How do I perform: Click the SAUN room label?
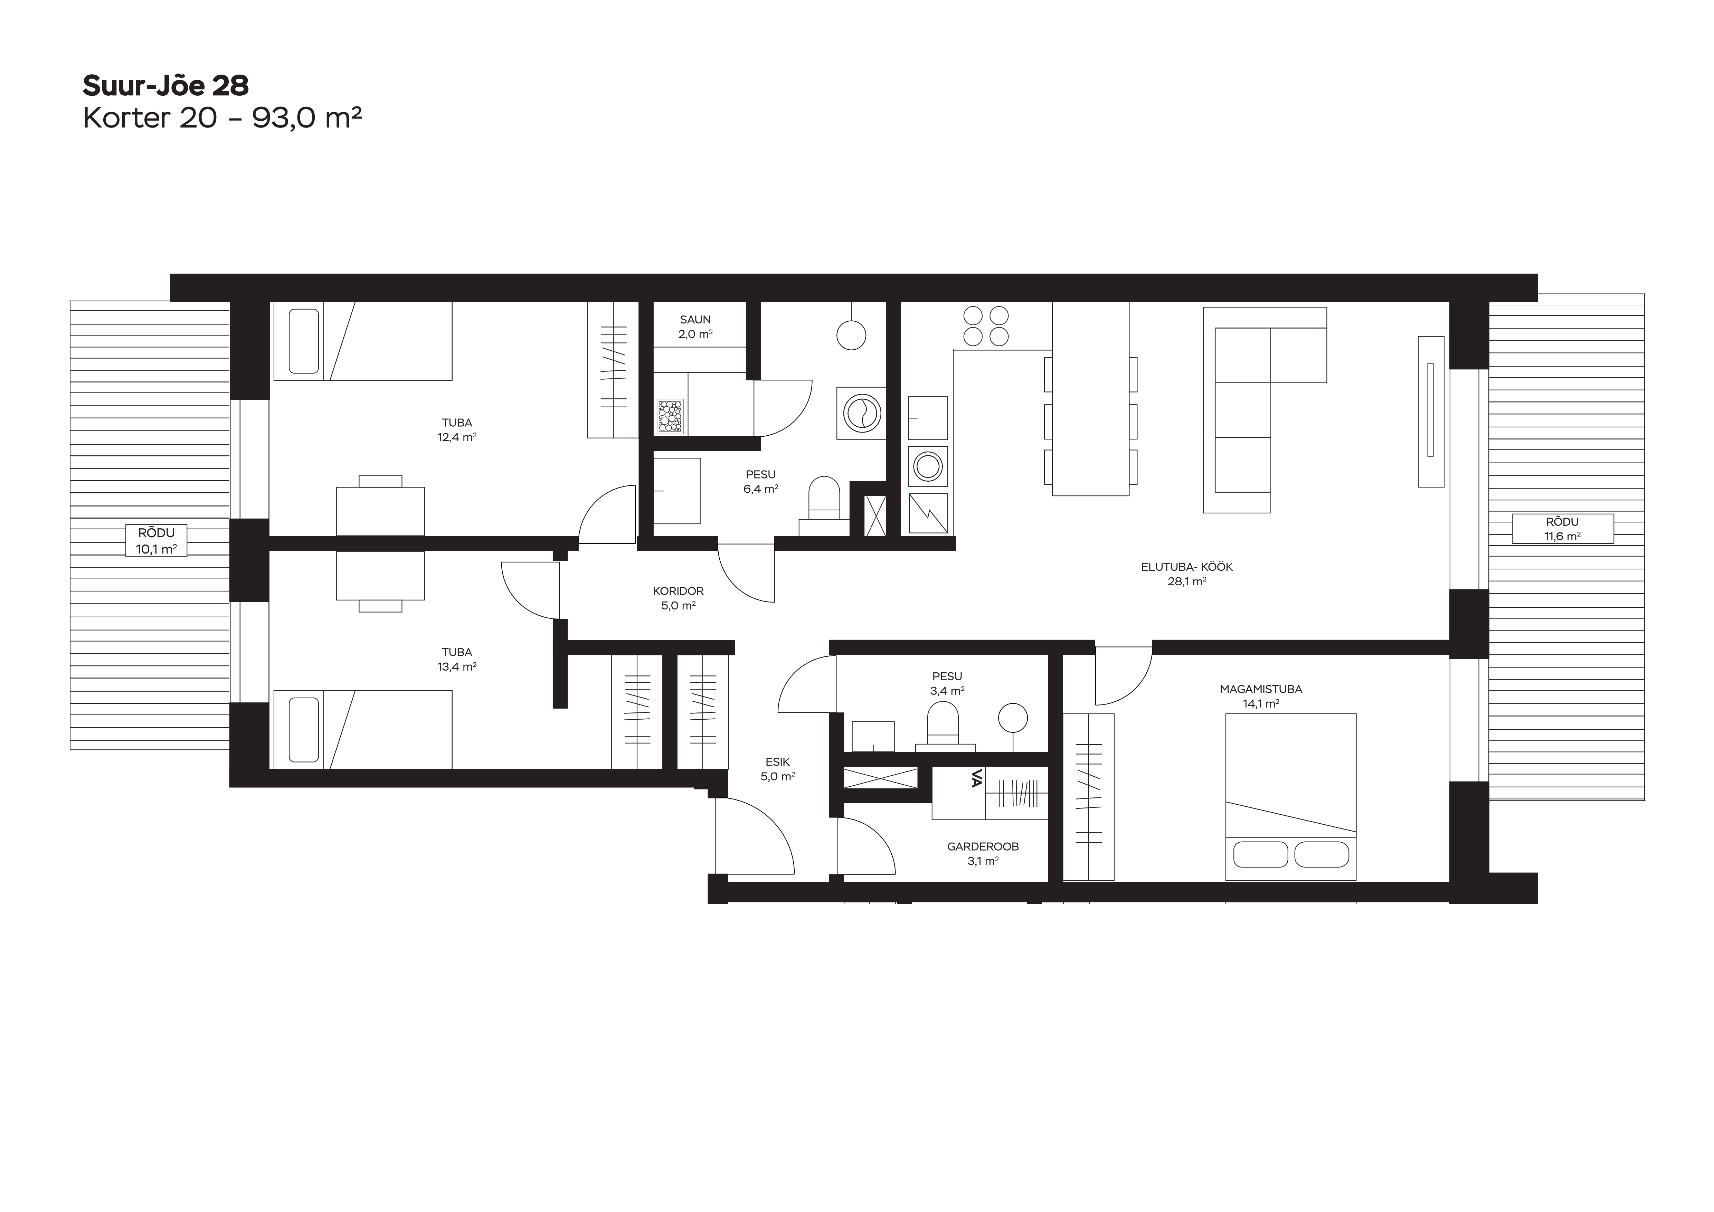tap(695, 320)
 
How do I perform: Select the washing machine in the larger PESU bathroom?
tap(861, 411)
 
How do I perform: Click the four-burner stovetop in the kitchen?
tap(985, 326)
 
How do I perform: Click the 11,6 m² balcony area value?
tap(1562, 536)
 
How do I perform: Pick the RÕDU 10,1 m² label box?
tap(156, 540)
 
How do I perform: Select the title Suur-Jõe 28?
tap(166, 86)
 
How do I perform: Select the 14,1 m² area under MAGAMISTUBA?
tap(1261, 703)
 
